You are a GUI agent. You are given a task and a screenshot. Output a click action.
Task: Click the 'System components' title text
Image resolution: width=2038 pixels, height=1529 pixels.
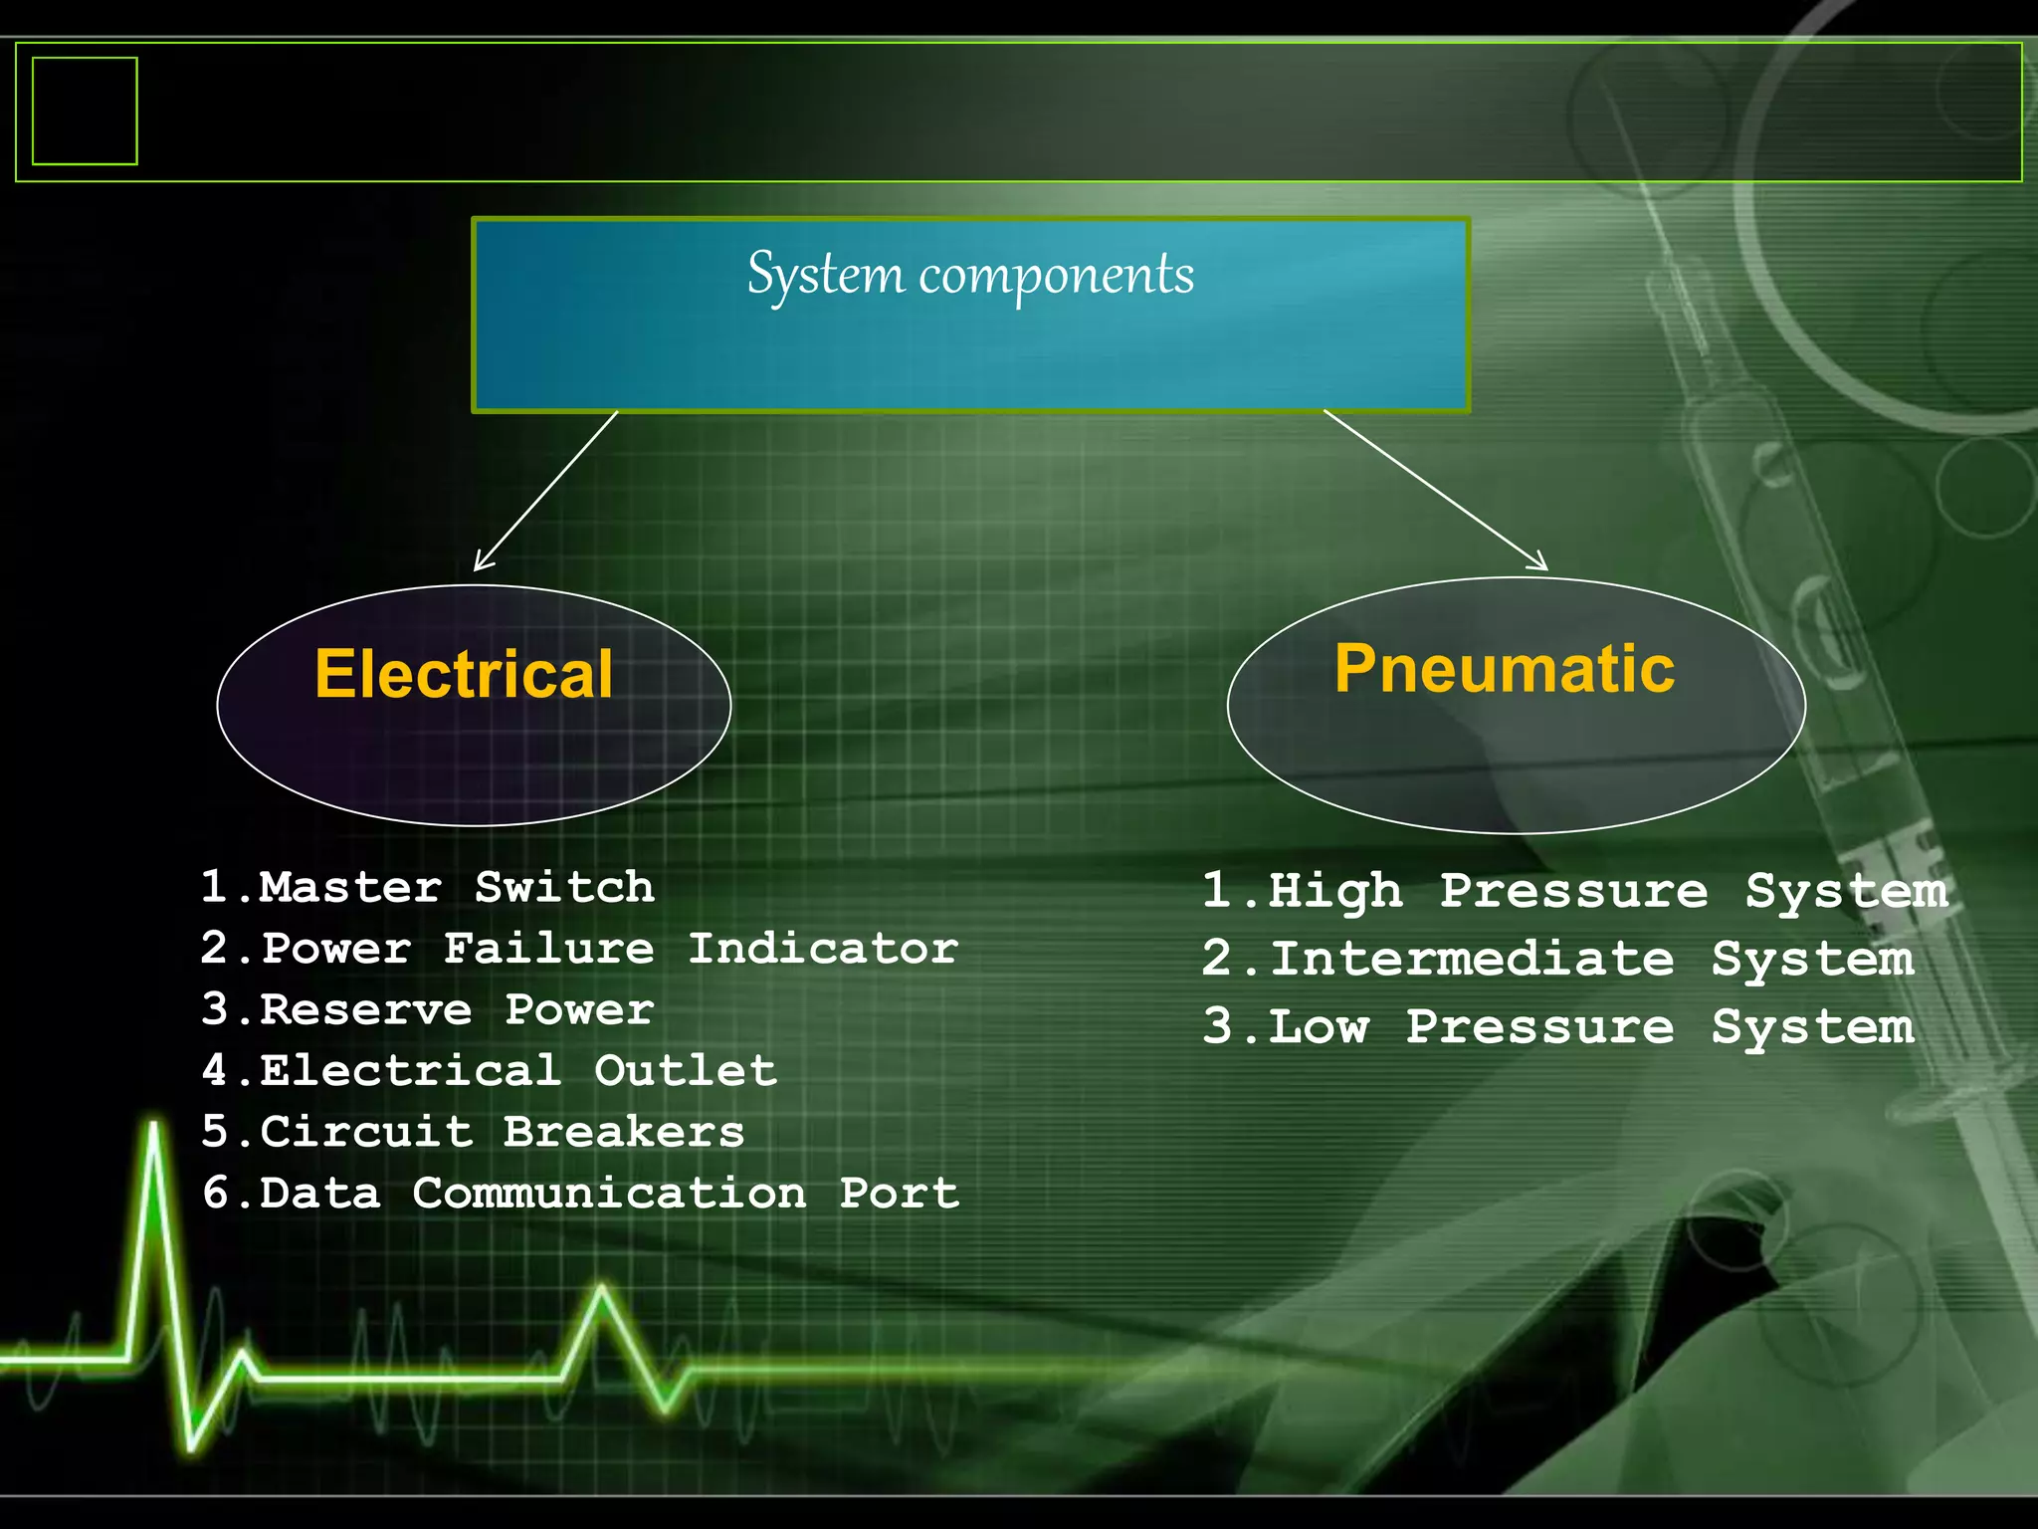tap(970, 275)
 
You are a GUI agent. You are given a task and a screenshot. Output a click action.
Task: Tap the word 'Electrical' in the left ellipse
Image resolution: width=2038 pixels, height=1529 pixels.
tap(464, 674)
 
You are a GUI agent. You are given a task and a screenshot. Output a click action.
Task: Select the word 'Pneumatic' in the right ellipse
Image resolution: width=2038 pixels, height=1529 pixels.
tap(1505, 668)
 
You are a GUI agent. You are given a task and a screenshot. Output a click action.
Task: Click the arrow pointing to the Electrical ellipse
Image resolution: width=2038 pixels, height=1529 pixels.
tap(545, 491)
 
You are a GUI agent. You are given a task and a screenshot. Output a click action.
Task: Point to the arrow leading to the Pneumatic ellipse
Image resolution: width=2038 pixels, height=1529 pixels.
tap(1435, 490)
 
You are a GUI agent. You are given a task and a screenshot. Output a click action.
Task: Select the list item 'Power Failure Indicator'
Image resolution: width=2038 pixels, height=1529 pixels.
tap(579, 949)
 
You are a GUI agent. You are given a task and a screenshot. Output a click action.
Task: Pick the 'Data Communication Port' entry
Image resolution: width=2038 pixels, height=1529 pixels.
tap(580, 1193)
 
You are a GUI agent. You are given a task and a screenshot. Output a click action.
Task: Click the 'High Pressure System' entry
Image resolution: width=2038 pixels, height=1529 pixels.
tap(1574, 891)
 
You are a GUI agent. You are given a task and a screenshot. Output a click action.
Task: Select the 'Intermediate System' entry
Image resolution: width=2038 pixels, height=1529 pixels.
tap(1557, 960)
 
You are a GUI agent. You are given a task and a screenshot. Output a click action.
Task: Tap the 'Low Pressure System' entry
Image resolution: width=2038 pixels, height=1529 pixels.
tap(1557, 1027)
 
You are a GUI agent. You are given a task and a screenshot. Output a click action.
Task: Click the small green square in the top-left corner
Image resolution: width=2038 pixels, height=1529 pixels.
tap(85, 110)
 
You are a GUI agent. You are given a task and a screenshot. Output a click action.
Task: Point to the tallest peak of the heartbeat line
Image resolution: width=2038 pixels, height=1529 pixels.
tap(154, 1130)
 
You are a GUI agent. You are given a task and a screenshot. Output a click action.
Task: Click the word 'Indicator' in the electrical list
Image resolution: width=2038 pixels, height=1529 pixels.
tap(823, 949)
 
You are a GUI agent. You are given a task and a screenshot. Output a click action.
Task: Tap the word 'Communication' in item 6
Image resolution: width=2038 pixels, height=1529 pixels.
tap(609, 1193)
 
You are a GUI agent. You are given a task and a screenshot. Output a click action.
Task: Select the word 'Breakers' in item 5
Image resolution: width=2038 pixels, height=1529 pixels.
tap(623, 1132)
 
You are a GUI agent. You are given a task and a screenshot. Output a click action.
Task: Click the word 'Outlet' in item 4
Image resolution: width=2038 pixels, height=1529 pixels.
tap(686, 1071)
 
